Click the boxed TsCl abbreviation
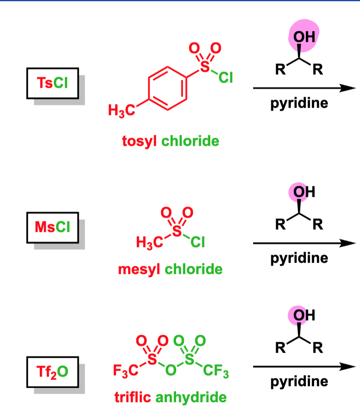point(52,83)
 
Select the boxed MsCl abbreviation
point(52,228)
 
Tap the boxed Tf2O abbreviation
point(52,372)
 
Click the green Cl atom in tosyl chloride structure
point(225,78)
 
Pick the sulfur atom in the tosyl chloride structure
point(205,66)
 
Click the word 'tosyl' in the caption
point(139,141)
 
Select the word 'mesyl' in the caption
point(139,269)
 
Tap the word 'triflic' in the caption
point(133,398)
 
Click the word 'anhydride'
point(191,398)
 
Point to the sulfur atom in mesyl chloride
point(177,231)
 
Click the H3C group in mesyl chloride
point(149,243)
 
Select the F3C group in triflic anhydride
point(125,371)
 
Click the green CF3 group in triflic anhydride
point(216,371)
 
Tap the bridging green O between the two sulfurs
point(170,370)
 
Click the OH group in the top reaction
point(304,37)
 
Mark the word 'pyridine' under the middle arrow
point(299,258)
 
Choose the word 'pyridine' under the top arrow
point(299,103)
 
